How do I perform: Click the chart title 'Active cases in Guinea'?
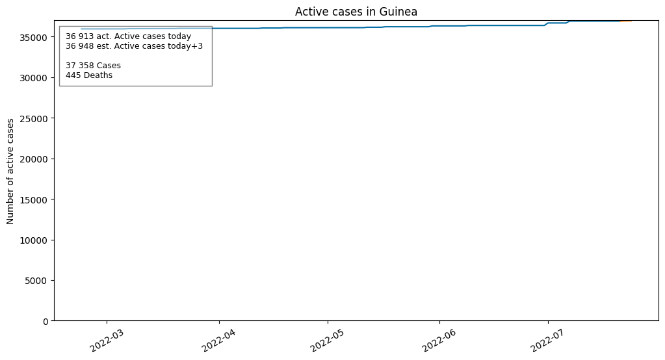[356, 12]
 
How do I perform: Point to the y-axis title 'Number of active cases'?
[10, 172]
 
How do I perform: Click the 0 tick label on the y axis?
[46, 322]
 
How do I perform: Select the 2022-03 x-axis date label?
[107, 340]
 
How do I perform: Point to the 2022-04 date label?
[219, 340]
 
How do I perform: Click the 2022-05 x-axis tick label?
[328, 340]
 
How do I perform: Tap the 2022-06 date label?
[439, 340]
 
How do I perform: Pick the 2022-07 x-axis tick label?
[548, 340]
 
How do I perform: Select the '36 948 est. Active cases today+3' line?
[135, 45]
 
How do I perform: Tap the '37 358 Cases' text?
[94, 65]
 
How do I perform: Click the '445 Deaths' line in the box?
[89, 75]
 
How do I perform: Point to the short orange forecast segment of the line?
[625, 21]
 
